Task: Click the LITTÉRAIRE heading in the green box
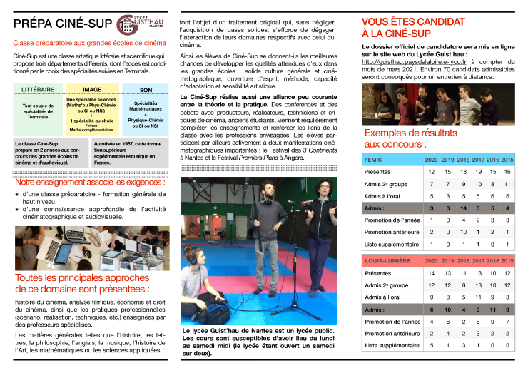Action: [x=39, y=90]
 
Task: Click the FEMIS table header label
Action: [x=375, y=160]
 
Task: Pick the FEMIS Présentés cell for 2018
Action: [x=463, y=172]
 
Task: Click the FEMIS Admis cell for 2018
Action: [x=463, y=208]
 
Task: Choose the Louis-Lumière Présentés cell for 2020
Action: [x=431, y=273]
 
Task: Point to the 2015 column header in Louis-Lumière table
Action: [x=508, y=262]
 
